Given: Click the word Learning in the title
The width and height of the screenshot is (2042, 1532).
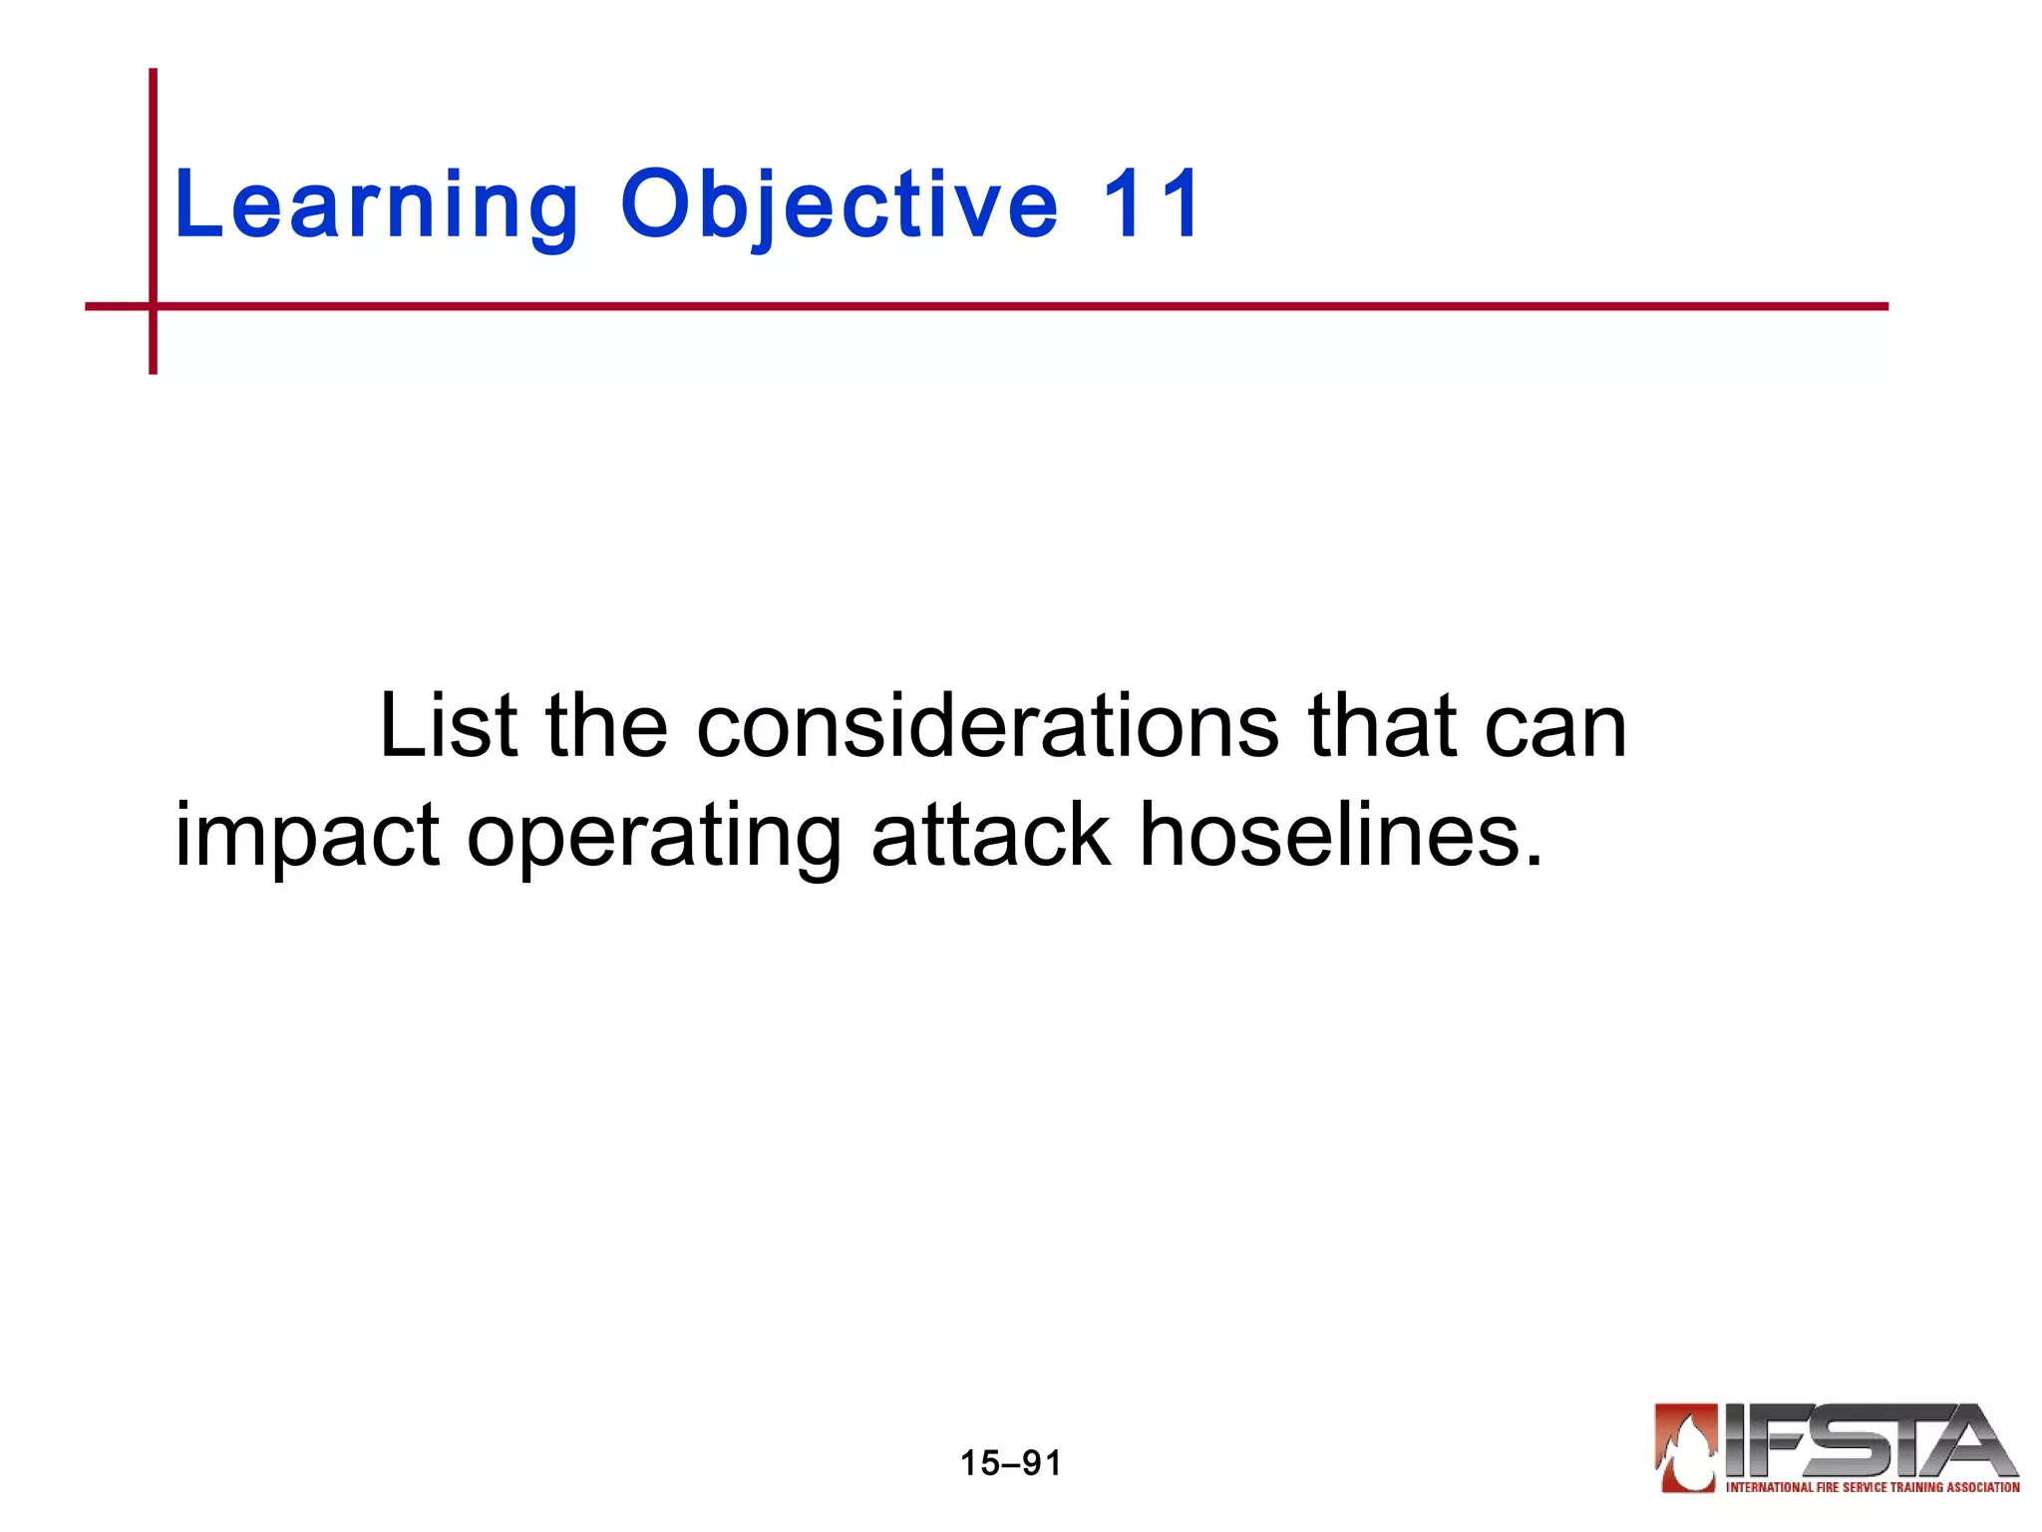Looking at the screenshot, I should tap(376, 206).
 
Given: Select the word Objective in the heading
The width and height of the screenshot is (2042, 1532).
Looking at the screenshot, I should tap(839, 206).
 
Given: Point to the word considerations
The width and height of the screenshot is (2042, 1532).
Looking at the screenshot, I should tap(987, 726).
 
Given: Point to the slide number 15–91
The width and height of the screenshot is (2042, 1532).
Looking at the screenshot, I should tap(1010, 1463).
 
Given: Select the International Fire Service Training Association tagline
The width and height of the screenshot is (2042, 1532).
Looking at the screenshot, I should tap(1872, 1487).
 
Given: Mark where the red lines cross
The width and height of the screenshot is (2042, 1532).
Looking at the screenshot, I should tap(154, 306).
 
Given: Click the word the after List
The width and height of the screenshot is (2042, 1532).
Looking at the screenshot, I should tap(606, 726).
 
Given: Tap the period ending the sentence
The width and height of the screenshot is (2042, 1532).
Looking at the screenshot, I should tap(1533, 860).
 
